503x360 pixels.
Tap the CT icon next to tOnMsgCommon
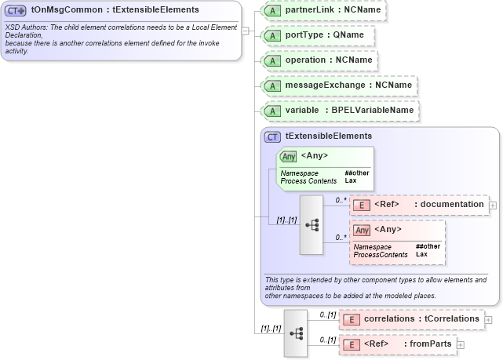(16, 10)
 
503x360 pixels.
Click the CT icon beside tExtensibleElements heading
(273, 136)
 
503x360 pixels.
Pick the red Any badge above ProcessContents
(362, 230)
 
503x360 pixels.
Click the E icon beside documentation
(362, 205)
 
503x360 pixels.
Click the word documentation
(452, 205)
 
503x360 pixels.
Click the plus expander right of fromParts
(461, 344)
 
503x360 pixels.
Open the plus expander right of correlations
(489, 319)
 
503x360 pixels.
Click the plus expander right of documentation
(493, 205)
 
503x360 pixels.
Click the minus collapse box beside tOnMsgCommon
(246, 31)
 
